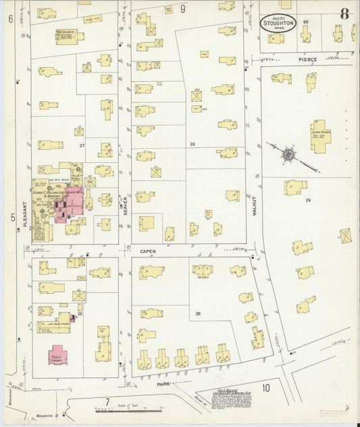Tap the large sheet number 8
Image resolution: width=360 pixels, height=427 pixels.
click(x=344, y=14)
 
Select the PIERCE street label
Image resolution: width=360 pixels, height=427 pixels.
click(x=308, y=59)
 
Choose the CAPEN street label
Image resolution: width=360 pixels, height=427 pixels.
click(x=148, y=251)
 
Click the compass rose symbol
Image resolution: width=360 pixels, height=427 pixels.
click(x=288, y=155)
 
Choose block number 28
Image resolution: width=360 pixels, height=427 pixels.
click(x=192, y=145)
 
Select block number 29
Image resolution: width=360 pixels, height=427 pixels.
click(x=308, y=201)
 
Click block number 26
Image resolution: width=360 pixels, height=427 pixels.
click(x=198, y=313)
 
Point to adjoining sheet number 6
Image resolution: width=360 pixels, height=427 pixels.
click(x=11, y=19)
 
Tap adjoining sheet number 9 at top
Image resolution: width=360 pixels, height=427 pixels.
click(x=182, y=8)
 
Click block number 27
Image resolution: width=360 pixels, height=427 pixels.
click(x=82, y=145)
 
